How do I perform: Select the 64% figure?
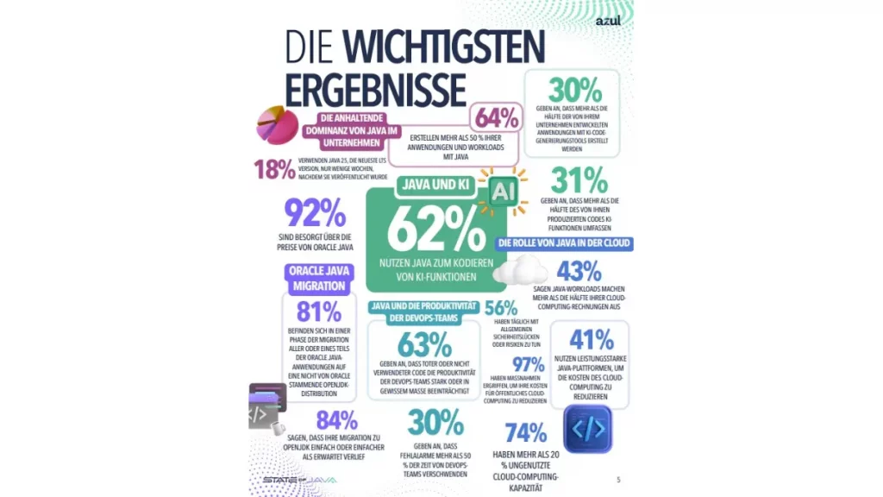[x=495, y=118]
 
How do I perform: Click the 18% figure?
[x=274, y=170]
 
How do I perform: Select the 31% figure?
[x=579, y=180]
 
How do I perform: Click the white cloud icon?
[x=516, y=272]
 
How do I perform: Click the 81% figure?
[x=318, y=311]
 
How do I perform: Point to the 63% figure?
[x=424, y=345]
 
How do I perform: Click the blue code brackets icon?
[x=587, y=429]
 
